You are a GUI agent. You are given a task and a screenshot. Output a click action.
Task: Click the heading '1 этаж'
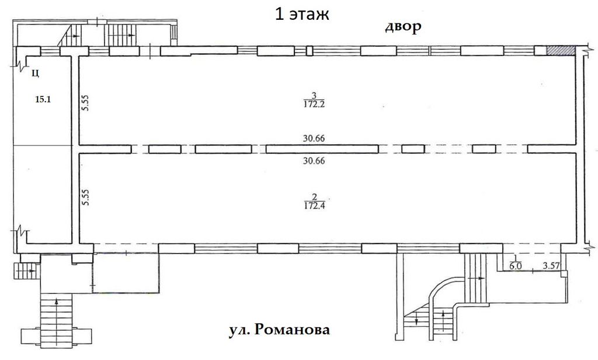click(x=303, y=14)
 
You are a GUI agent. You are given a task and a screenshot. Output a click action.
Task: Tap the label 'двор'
click(x=403, y=27)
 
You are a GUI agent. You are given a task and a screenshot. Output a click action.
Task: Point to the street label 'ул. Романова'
click(x=279, y=331)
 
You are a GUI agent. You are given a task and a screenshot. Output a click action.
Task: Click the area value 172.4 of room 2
click(x=314, y=206)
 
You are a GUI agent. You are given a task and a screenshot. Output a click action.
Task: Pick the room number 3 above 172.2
click(x=314, y=96)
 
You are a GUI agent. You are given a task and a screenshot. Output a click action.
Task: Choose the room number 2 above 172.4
click(x=314, y=196)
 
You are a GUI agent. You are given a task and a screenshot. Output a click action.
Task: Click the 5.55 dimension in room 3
click(x=85, y=104)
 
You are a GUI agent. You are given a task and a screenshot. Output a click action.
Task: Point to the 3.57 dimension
click(x=552, y=266)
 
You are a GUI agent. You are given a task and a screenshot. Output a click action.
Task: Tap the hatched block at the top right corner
click(x=561, y=51)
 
